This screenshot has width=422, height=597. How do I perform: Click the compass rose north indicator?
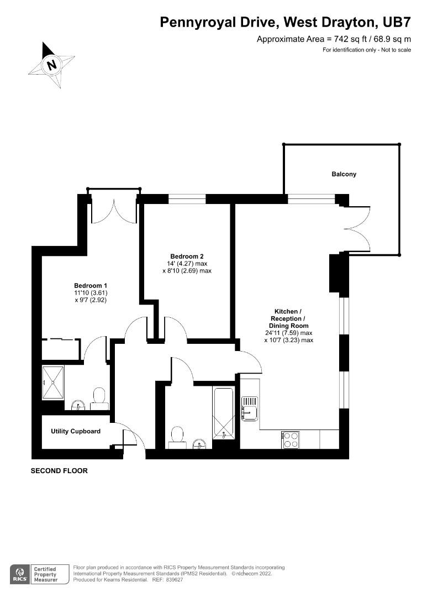[x=52, y=65]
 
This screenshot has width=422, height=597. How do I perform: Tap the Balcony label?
[x=344, y=174]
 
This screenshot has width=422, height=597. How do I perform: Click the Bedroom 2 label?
[x=187, y=256]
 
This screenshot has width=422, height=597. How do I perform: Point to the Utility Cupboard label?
[x=76, y=431]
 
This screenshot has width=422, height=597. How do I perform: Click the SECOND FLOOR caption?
[x=59, y=472]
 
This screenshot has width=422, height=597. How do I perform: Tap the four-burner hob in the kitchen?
[x=291, y=439]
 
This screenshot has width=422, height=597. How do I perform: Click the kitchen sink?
[x=250, y=409]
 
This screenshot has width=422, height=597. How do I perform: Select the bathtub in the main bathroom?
[x=224, y=413]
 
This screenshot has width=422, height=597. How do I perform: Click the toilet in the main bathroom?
[x=177, y=434]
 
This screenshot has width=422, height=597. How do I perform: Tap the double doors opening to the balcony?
[x=356, y=228]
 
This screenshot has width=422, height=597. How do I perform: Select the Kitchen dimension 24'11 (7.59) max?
[x=292, y=333]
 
